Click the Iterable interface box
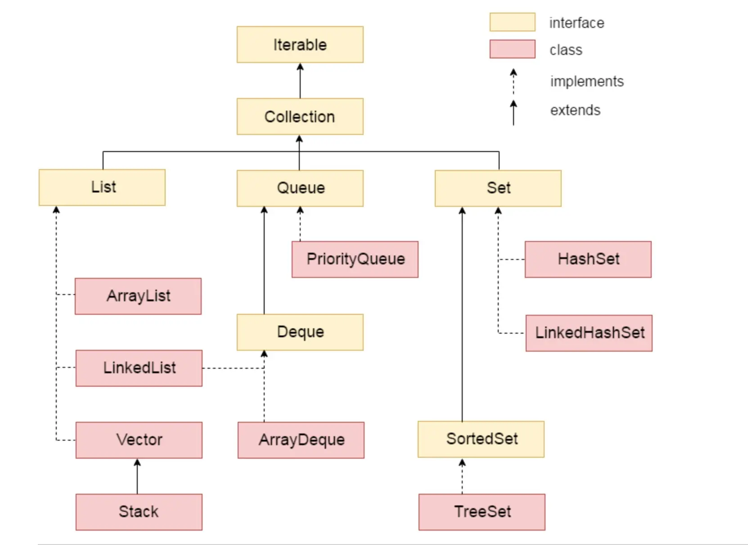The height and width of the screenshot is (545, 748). (x=300, y=45)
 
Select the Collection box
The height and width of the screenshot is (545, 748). (x=300, y=116)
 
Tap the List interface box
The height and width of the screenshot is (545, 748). (x=102, y=188)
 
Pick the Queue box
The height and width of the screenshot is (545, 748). (x=300, y=188)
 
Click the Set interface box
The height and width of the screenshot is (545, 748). (x=498, y=188)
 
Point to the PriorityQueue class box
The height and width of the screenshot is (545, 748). (x=355, y=259)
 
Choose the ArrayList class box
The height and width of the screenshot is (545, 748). (x=138, y=296)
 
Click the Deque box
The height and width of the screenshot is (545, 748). (x=300, y=332)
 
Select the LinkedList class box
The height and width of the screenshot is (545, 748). (x=139, y=368)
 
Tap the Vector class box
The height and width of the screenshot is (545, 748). (x=139, y=440)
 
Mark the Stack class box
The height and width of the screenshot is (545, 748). (x=139, y=512)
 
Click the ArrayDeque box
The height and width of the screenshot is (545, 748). (x=301, y=440)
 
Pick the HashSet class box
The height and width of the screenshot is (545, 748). (x=588, y=259)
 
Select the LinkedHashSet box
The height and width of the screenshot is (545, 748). (x=589, y=333)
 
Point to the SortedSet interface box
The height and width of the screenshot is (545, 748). (x=481, y=439)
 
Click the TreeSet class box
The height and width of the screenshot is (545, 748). (x=482, y=512)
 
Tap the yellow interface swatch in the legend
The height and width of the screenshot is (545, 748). (x=512, y=22)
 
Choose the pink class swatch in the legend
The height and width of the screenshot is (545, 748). (x=512, y=49)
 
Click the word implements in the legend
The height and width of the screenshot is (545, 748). (x=587, y=81)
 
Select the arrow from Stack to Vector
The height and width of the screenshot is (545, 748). (x=137, y=476)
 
